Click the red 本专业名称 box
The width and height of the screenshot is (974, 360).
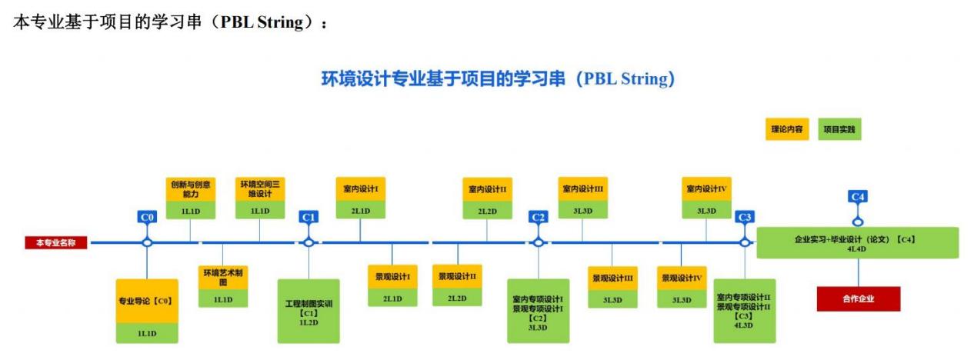pyautogui.click(x=56, y=243)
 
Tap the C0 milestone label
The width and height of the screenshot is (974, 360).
pyautogui.click(x=148, y=218)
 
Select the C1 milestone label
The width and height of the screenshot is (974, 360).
pyautogui.click(x=309, y=218)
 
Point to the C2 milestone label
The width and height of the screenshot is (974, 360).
pyautogui.click(x=539, y=218)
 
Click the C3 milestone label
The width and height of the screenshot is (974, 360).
pyautogui.click(x=745, y=218)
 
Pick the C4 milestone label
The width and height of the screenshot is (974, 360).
pyautogui.click(x=858, y=197)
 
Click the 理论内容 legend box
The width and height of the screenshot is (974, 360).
pyautogui.click(x=786, y=130)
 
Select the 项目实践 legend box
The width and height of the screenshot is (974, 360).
pyautogui.click(x=839, y=130)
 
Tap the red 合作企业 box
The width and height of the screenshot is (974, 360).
pyautogui.click(x=858, y=298)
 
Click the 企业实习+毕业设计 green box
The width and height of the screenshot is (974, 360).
pyautogui.click(x=858, y=243)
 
